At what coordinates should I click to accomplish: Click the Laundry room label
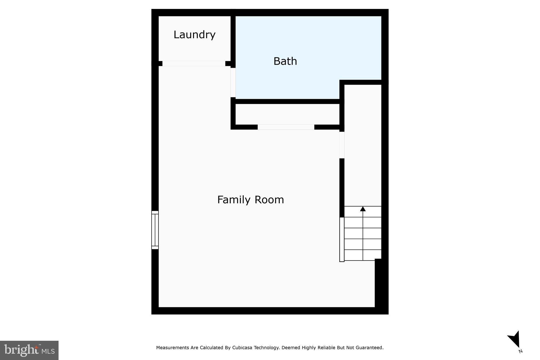(x=194, y=35)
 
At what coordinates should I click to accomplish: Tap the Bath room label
(x=285, y=61)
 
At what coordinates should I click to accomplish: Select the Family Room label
(x=250, y=200)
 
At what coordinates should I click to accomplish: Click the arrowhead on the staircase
(x=363, y=209)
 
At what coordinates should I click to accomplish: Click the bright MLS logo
(x=29, y=350)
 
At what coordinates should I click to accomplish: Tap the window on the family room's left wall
(x=155, y=230)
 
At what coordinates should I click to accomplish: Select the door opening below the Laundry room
(x=194, y=64)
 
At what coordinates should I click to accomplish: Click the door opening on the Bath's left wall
(x=233, y=83)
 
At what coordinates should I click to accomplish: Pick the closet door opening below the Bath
(x=286, y=127)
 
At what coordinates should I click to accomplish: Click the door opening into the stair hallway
(x=342, y=145)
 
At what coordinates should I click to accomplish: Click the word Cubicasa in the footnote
(x=242, y=348)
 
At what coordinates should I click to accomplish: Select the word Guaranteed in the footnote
(x=369, y=348)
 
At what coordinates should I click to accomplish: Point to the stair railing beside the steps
(x=342, y=239)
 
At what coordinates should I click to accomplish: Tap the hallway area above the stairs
(x=363, y=145)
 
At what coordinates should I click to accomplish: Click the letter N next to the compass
(x=520, y=351)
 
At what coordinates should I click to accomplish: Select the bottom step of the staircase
(x=363, y=255)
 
